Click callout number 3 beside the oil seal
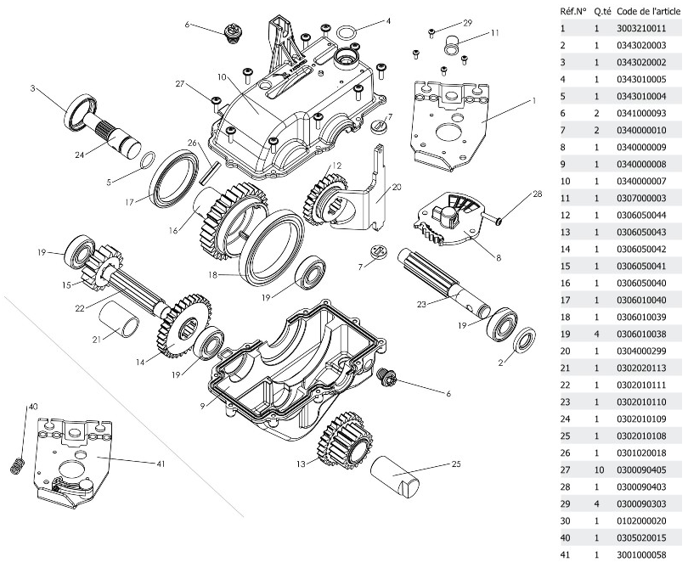[32, 88]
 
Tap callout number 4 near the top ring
[388, 20]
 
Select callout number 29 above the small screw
[467, 22]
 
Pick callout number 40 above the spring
[33, 407]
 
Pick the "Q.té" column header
[602, 12]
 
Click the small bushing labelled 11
[454, 42]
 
